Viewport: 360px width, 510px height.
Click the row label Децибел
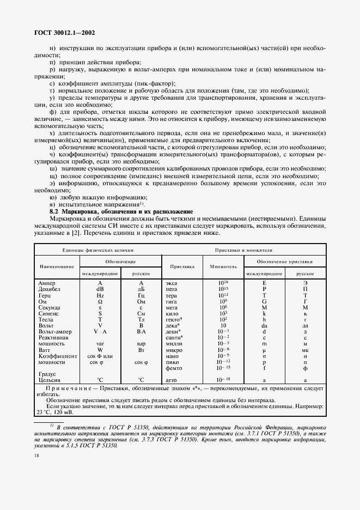50,290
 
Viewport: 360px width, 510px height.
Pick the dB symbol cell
100,290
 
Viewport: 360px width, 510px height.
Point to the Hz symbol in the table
100,296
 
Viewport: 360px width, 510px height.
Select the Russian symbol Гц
141,296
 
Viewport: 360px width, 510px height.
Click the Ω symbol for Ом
100,302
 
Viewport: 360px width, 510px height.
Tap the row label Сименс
50,314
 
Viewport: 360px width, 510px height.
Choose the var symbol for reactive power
100,344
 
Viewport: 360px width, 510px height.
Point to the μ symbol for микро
264,350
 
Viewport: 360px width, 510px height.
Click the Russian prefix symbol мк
305,350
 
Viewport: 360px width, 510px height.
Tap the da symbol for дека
264,326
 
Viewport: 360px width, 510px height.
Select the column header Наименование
57,267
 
